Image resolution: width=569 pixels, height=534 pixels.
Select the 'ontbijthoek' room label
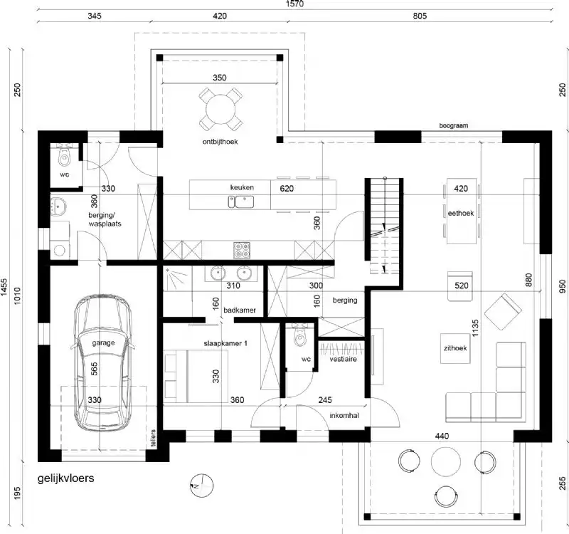pyautogui.click(x=219, y=142)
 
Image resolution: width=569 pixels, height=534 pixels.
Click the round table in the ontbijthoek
pyautogui.click(x=219, y=108)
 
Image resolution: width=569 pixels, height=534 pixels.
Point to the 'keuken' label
pyautogui.click(x=242, y=187)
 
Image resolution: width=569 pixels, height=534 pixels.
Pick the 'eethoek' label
pyautogui.click(x=461, y=212)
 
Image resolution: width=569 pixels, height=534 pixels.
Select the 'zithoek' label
pyautogui.click(x=454, y=350)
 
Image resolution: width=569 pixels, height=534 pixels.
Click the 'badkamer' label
pyautogui.click(x=235, y=310)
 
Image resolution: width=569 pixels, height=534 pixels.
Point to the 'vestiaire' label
pyautogui.click(x=342, y=360)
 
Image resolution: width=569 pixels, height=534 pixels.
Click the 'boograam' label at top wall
pyautogui.click(x=454, y=125)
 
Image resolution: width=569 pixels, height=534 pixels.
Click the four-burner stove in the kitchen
pyautogui.click(x=242, y=250)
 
